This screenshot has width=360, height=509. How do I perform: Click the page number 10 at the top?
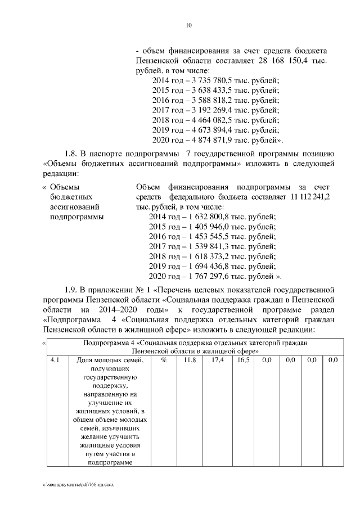[189, 25]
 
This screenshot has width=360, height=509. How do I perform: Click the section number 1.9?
[70, 289]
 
